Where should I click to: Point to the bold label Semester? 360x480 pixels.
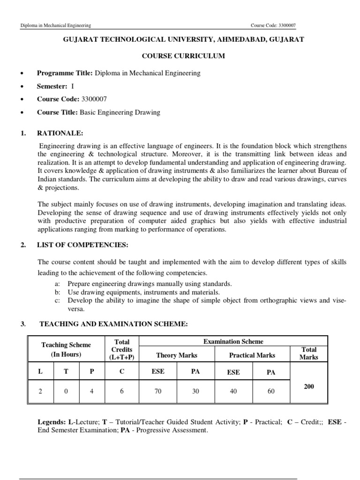pyautogui.click(x=52, y=86)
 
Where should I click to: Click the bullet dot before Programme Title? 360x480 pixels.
pyautogui.click(x=22, y=74)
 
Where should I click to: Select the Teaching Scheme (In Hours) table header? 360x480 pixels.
pyautogui.click(x=66, y=349)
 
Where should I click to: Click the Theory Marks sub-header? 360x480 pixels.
pyautogui.click(x=177, y=355)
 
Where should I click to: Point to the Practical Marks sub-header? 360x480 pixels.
pyautogui.click(x=252, y=355)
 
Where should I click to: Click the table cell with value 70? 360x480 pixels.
pyautogui.click(x=158, y=391)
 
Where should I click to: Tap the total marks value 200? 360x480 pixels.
pyautogui.click(x=308, y=386)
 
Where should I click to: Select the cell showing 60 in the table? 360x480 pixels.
pyautogui.click(x=271, y=391)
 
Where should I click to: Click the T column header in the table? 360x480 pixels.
pyautogui.click(x=66, y=371)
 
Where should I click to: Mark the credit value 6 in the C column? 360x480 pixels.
pyautogui.click(x=121, y=391)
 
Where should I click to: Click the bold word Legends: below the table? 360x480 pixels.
pyautogui.click(x=52, y=422)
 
